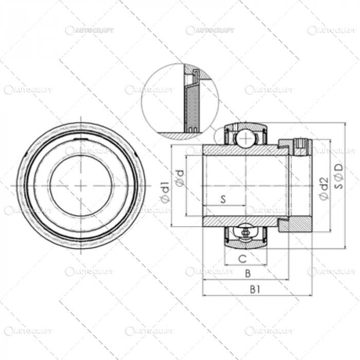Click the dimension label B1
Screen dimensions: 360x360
pos(255,290)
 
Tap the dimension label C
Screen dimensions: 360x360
pos(242,259)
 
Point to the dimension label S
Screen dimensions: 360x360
pos(224,200)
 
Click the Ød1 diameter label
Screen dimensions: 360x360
pos(166,191)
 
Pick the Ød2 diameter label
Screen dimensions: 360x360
pos(323,188)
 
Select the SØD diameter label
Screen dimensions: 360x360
pos(338,176)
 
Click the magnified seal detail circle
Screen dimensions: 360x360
pos(179,101)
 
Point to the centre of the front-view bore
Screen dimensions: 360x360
pos(81,185)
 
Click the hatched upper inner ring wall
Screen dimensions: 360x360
pos(245,150)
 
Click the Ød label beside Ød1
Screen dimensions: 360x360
pos(180,177)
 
